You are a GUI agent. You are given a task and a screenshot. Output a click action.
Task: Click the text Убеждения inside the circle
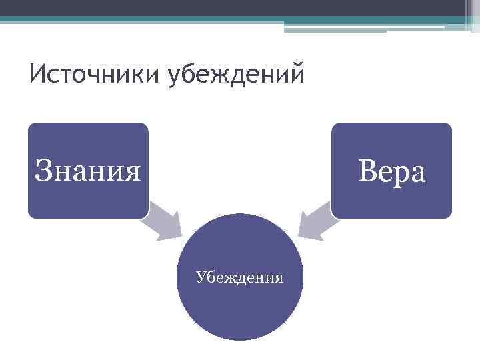click(x=240, y=276)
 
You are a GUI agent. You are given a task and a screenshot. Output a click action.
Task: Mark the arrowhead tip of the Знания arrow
click(x=181, y=234)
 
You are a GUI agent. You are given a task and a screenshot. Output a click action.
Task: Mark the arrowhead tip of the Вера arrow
click(x=298, y=234)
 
